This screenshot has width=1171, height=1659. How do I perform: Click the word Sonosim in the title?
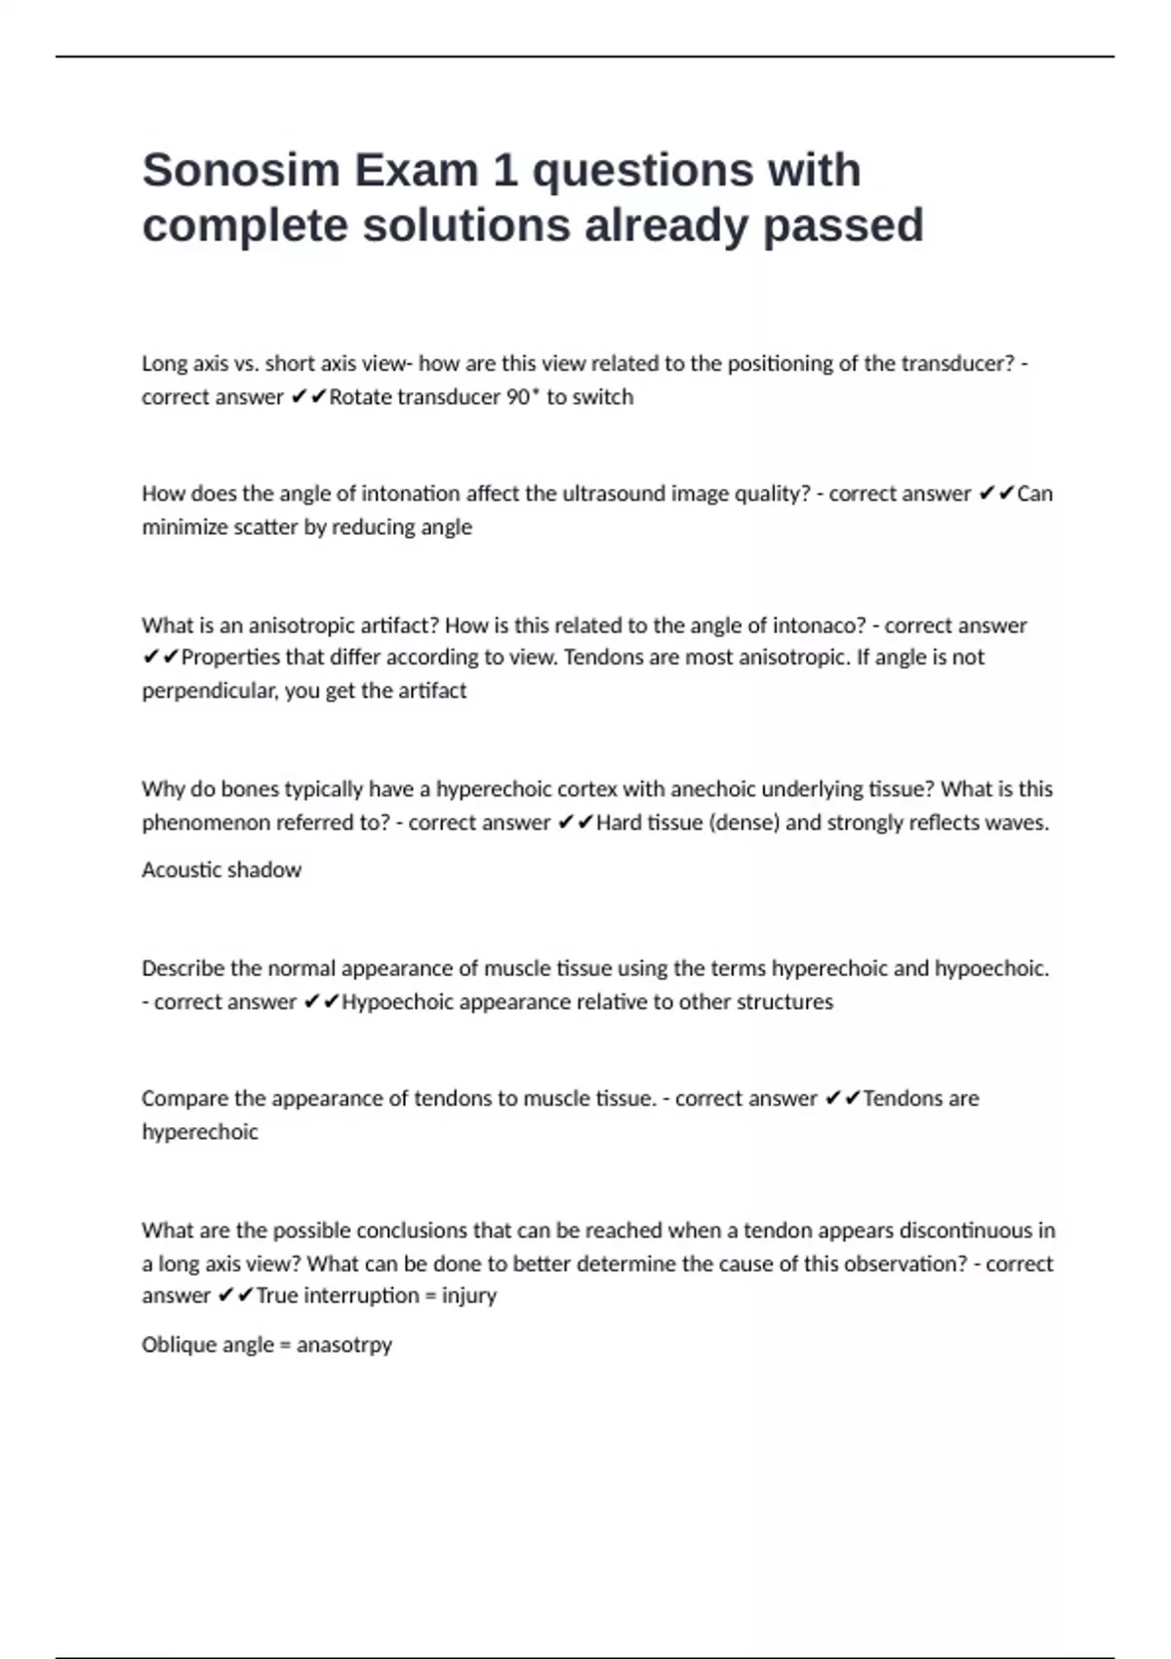[240, 171]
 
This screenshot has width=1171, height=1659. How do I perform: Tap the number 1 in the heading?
[505, 171]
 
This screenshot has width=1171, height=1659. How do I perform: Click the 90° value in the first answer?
[522, 397]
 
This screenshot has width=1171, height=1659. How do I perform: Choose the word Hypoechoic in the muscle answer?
[397, 1002]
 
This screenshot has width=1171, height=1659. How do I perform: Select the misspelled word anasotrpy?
[343, 1345]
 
